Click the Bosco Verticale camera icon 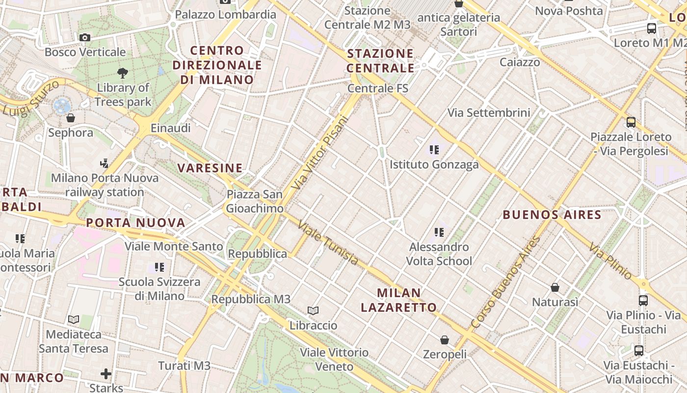(x=85, y=37)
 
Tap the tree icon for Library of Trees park (x=123, y=73)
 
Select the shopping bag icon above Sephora (x=71, y=118)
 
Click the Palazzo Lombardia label (x=226, y=14)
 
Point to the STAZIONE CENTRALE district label (x=380, y=60)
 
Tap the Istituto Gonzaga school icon (x=434, y=150)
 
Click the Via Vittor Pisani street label (x=319, y=152)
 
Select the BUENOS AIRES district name (x=552, y=215)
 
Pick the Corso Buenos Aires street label (x=505, y=282)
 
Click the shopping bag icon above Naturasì (x=555, y=287)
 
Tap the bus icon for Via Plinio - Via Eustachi (x=643, y=300)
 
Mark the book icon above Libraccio (x=313, y=310)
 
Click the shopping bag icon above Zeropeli (x=445, y=339)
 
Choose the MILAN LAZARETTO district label (x=399, y=300)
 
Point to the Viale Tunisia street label (x=328, y=243)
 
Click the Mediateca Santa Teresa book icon (x=74, y=319)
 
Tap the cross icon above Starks (x=106, y=374)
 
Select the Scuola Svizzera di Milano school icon (x=159, y=267)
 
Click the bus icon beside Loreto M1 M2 (x=652, y=28)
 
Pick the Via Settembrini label (x=489, y=112)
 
